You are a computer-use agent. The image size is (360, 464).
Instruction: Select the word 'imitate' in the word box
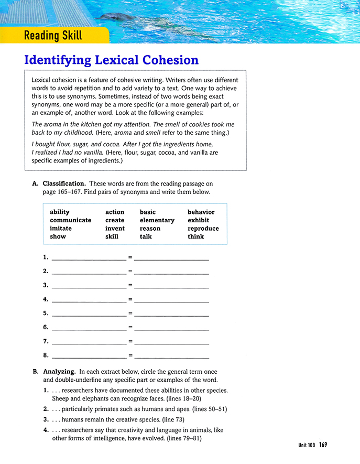pos(61,229)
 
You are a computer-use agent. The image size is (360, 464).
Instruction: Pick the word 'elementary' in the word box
pos(157,220)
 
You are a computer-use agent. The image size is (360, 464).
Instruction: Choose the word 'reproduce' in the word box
pos(203,229)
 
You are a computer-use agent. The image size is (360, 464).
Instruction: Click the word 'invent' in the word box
pos(115,229)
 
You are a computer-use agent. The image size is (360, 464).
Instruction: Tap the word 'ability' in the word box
pos(60,212)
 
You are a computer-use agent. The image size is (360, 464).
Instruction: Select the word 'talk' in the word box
pos(146,236)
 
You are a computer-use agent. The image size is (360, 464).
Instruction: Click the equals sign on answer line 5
pos(130,314)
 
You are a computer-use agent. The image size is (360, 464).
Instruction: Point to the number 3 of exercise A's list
pos(46,286)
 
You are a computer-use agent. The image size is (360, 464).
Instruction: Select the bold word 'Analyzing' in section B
pos(59,372)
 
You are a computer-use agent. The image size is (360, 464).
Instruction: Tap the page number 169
pos(322,445)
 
